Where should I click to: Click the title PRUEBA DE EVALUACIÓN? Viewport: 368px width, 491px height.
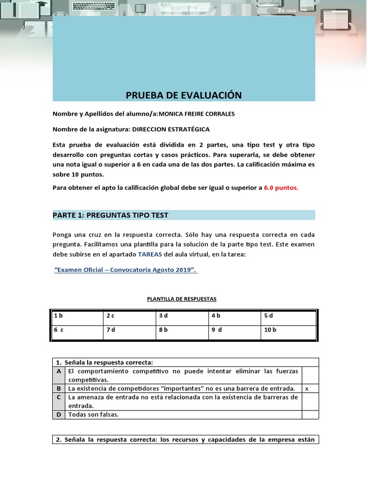(x=184, y=95)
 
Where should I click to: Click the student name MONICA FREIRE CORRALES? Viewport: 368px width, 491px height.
(x=197, y=114)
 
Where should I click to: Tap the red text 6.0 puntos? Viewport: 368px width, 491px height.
(x=281, y=188)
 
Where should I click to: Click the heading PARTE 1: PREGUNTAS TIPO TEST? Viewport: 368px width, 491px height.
(x=110, y=215)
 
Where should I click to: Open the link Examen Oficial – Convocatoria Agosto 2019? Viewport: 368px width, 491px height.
(x=126, y=270)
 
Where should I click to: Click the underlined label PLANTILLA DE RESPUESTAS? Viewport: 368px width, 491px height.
(x=182, y=299)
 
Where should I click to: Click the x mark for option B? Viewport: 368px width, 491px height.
(x=307, y=388)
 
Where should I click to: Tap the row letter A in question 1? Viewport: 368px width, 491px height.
(x=58, y=371)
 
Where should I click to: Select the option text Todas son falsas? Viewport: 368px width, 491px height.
(x=93, y=414)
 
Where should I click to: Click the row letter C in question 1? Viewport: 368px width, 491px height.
(x=58, y=397)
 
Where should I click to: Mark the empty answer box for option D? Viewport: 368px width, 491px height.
(x=310, y=414)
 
